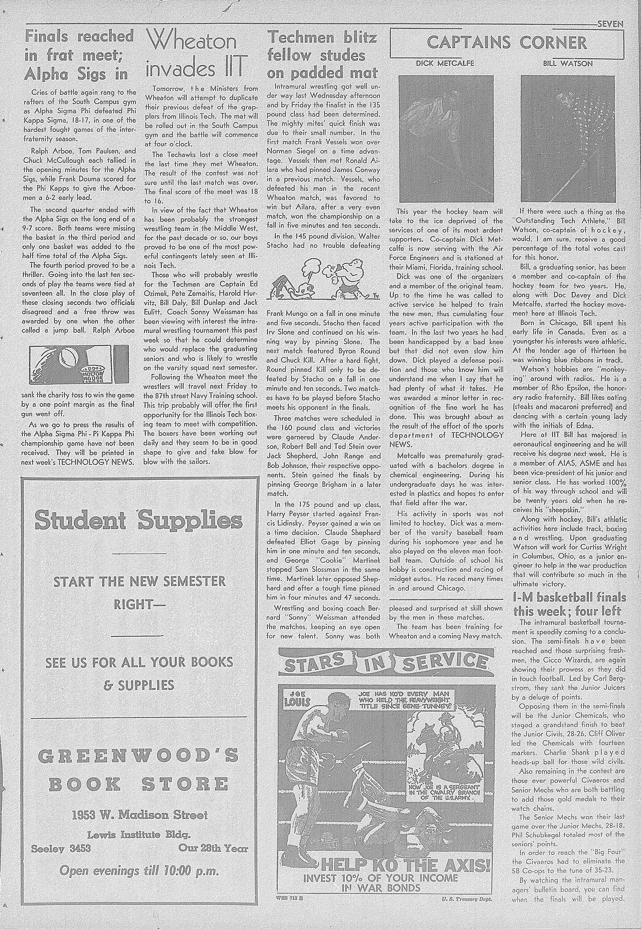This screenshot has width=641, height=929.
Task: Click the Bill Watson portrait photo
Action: point(571,139)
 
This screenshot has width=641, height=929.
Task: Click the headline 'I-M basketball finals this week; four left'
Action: point(569,604)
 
